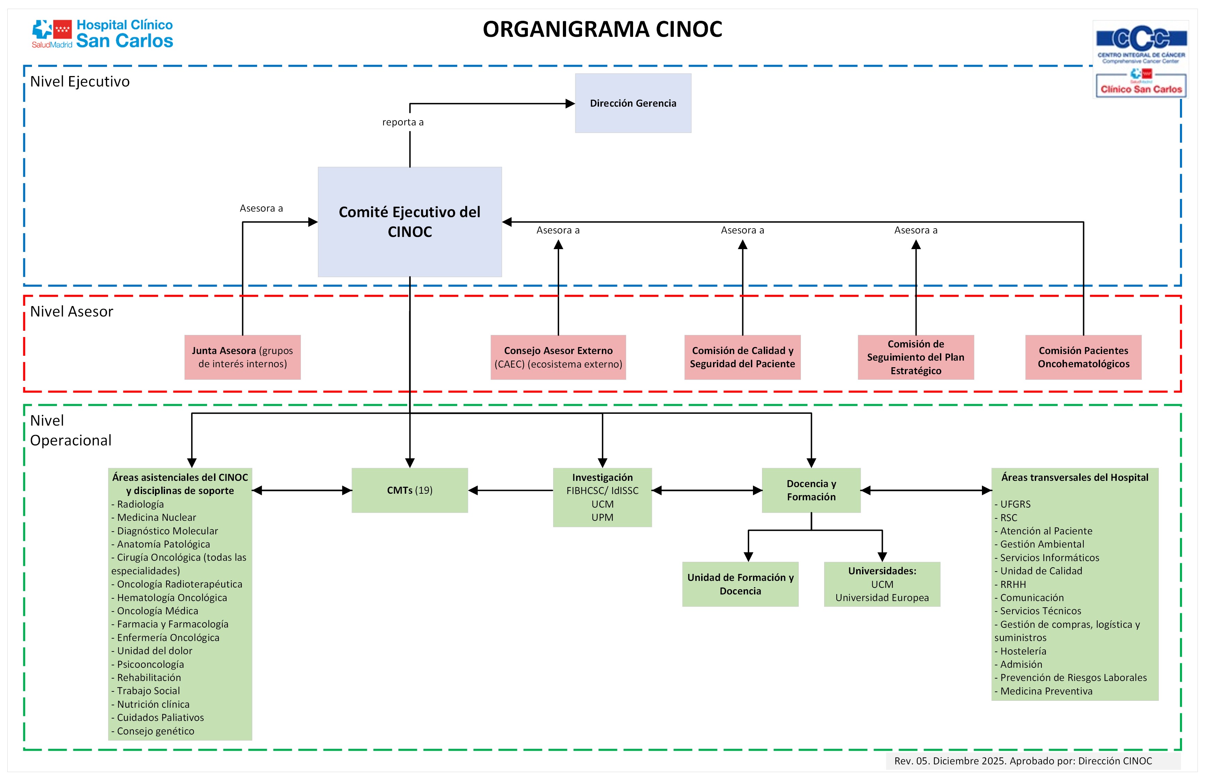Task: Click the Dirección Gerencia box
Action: [633, 103]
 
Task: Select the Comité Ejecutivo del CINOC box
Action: [410, 222]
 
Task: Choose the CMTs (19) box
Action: [410, 490]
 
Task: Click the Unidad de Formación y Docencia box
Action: [740, 584]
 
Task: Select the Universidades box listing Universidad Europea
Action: [882, 584]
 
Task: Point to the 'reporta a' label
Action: [402, 122]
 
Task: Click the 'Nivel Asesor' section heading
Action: [71, 311]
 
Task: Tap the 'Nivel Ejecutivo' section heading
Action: [80, 82]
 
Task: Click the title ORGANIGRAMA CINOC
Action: [602, 29]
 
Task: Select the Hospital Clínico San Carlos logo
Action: [102, 34]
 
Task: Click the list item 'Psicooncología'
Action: [150, 664]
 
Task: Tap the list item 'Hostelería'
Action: [1023, 651]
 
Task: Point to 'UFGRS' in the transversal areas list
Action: [1015, 504]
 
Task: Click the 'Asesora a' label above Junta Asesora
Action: [261, 208]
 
